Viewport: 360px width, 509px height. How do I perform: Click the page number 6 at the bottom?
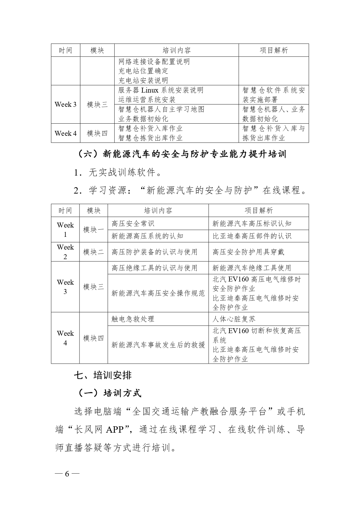(67, 474)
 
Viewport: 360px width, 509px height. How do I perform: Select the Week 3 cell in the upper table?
(66, 104)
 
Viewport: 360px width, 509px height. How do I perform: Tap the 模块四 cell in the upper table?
(97, 133)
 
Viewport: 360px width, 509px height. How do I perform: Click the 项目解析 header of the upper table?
(274, 50)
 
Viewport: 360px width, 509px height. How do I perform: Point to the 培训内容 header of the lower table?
(158, 210)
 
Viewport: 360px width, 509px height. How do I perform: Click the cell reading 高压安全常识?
(133, 223)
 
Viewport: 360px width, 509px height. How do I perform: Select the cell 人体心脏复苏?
(234, 319)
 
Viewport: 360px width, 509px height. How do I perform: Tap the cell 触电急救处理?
(133, 319)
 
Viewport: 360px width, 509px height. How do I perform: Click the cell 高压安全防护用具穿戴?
(248, 252)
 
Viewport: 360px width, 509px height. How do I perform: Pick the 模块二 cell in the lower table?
(93, 252)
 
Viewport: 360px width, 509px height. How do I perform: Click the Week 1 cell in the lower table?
(65, 230)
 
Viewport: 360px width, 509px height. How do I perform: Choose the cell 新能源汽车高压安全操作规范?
(158, 293)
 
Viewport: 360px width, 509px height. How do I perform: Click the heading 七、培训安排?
(103, 376)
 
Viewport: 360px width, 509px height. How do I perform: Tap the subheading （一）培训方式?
(110, 393)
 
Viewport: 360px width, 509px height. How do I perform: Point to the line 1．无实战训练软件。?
(118, 173)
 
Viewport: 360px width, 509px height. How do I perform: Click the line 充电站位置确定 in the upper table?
(143, 71)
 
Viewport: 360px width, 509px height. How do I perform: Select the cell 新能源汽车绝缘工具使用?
(252, 268)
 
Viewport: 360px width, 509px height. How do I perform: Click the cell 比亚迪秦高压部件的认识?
(252, 236)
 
